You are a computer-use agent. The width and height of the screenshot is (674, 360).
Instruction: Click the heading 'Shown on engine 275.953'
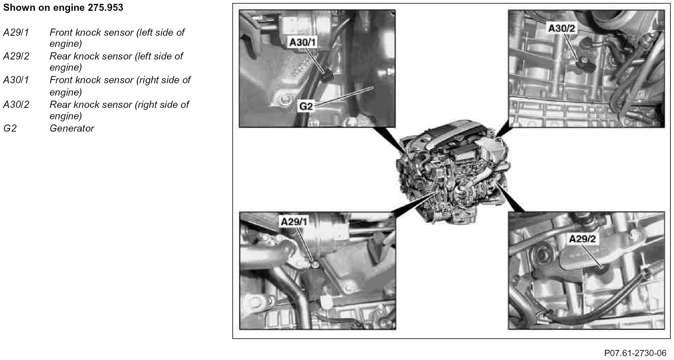pyautogui.click(x=63, y=8)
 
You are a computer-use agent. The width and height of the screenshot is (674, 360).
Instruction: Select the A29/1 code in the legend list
pyautogui.click(x=16, y=32)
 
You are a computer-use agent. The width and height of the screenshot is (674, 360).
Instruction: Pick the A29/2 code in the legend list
pyautogui.click(x=16, y=56)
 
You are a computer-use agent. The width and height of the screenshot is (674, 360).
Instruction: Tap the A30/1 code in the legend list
pyautogui.click(x=16, y=80)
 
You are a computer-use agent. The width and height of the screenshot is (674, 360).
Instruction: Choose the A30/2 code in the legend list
pyautogui.click(x=16, y=105)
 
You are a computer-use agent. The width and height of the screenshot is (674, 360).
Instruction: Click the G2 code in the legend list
pyautogui.click(x=10, y=128)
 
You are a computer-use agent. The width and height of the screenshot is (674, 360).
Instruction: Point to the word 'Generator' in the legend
pyautogui.click(x=72, y=128)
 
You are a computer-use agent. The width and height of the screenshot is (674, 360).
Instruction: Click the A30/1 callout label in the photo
pyautogui.click(x=303, y=43)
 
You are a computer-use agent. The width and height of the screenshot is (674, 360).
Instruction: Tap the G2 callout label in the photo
pyautogui.click(x=306, y=106)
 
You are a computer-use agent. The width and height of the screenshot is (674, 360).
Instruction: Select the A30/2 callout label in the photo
pyautogui.click(x=562, y=29)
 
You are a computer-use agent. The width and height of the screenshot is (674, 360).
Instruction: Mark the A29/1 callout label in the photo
pyautogui.click(x=294, y=222)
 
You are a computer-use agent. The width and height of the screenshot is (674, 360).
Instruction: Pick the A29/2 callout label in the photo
pyautogui.click(x=582, y=239)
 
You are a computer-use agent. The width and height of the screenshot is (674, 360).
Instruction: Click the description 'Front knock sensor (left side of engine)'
pyautogui.click(x=117, y=38)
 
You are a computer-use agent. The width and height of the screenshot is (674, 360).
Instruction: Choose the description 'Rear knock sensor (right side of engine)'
pyautogui.click(x=119, y=110)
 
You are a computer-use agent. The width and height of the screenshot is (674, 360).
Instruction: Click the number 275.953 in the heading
pyautogui.click(x=106, y=8)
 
